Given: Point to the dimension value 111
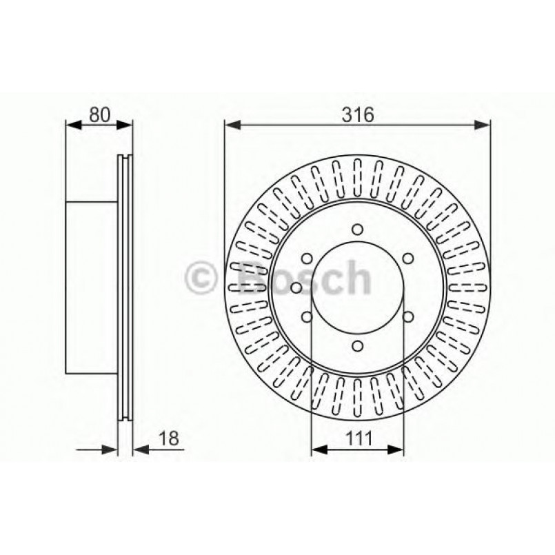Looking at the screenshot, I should click(x=357, y=438).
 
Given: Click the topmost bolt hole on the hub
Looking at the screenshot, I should click(x=357, y=230).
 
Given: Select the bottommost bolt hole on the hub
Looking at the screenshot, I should click(x=357, y=345).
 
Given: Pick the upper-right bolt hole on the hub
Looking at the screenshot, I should click(x=407, y=259).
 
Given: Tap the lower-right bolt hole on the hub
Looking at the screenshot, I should click(x=407, y=316).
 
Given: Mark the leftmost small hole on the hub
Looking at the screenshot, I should click(x=295, y=287).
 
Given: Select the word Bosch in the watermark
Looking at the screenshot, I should click(x=301, y=278).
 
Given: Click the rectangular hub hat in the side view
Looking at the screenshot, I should click(x=91, y=288).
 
